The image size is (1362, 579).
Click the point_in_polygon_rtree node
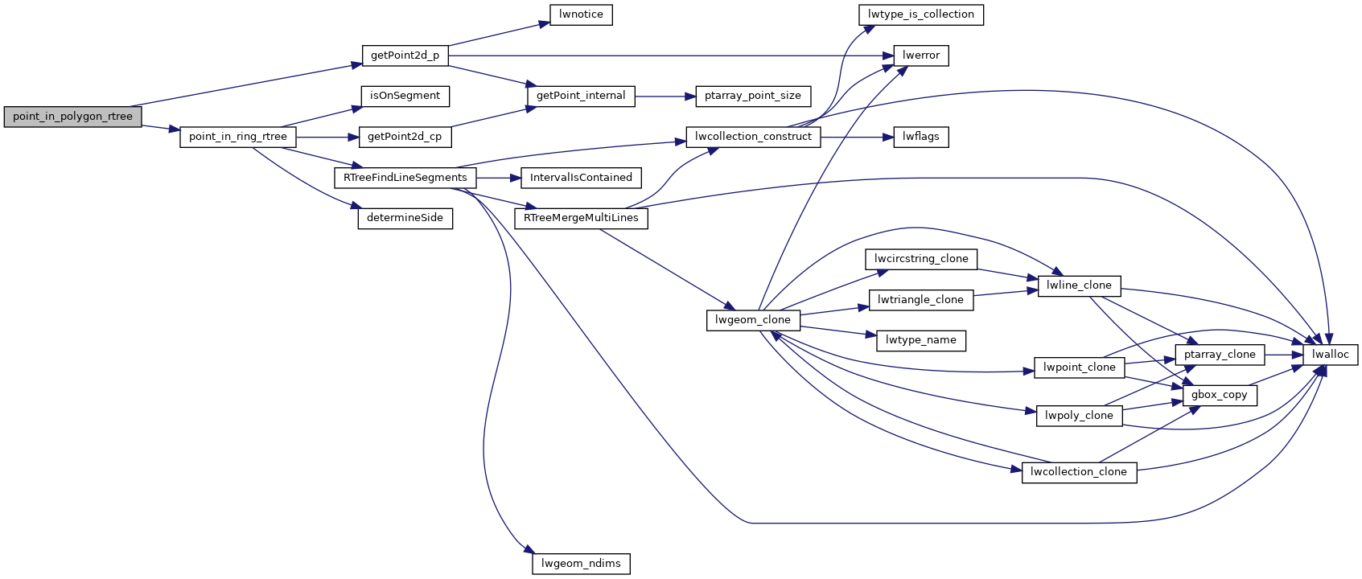click(72, 117)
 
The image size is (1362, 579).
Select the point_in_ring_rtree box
click(237, 137)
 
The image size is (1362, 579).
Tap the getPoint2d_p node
click(405, 55)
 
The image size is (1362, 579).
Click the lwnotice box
click(581, 14)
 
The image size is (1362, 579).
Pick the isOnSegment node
click(405, 96)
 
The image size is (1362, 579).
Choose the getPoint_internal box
click(581, 96)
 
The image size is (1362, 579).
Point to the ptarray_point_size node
click(752, 96)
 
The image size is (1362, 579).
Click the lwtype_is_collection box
click(920, 14)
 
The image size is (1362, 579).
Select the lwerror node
click(920, 55)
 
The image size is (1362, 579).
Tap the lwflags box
click(920, 137)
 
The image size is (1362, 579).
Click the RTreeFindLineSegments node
click(405, 178)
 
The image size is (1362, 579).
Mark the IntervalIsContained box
click(581, 178)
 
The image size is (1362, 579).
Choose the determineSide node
click(405, 218)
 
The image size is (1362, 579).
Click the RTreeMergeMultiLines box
click(581, 218)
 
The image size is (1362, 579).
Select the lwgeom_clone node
click(752, 320)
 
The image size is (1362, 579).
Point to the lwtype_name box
click(920, 340)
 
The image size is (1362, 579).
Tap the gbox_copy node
click(1219, 395)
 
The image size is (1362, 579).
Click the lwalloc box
click(1330, 355)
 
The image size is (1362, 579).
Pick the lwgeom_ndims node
click(581, 564)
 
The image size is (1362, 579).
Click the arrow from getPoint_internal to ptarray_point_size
click(665, 96)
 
